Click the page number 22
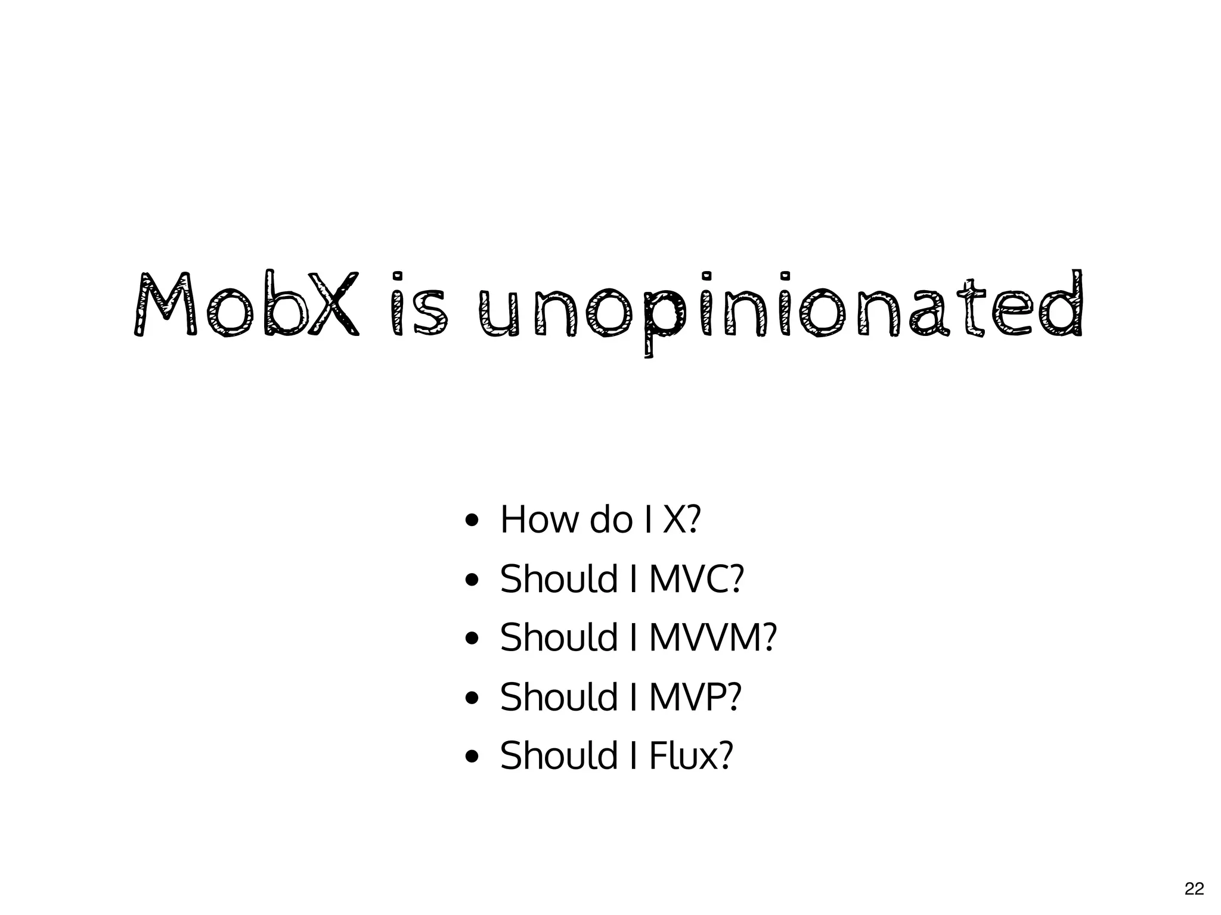(x=1194, y=889)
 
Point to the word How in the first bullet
(x=540, y=519)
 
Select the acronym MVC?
(x=696, y=578)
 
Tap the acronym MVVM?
(x=712, y=637)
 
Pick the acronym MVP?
(x=695, y=696)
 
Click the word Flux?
(x=690, y=755)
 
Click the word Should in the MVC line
(x=559, y=578)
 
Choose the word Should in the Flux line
(x=559, y=755)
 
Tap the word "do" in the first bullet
(x=610, y=519)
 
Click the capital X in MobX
(x=337, y=304)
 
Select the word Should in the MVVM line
(x=559, y=637)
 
